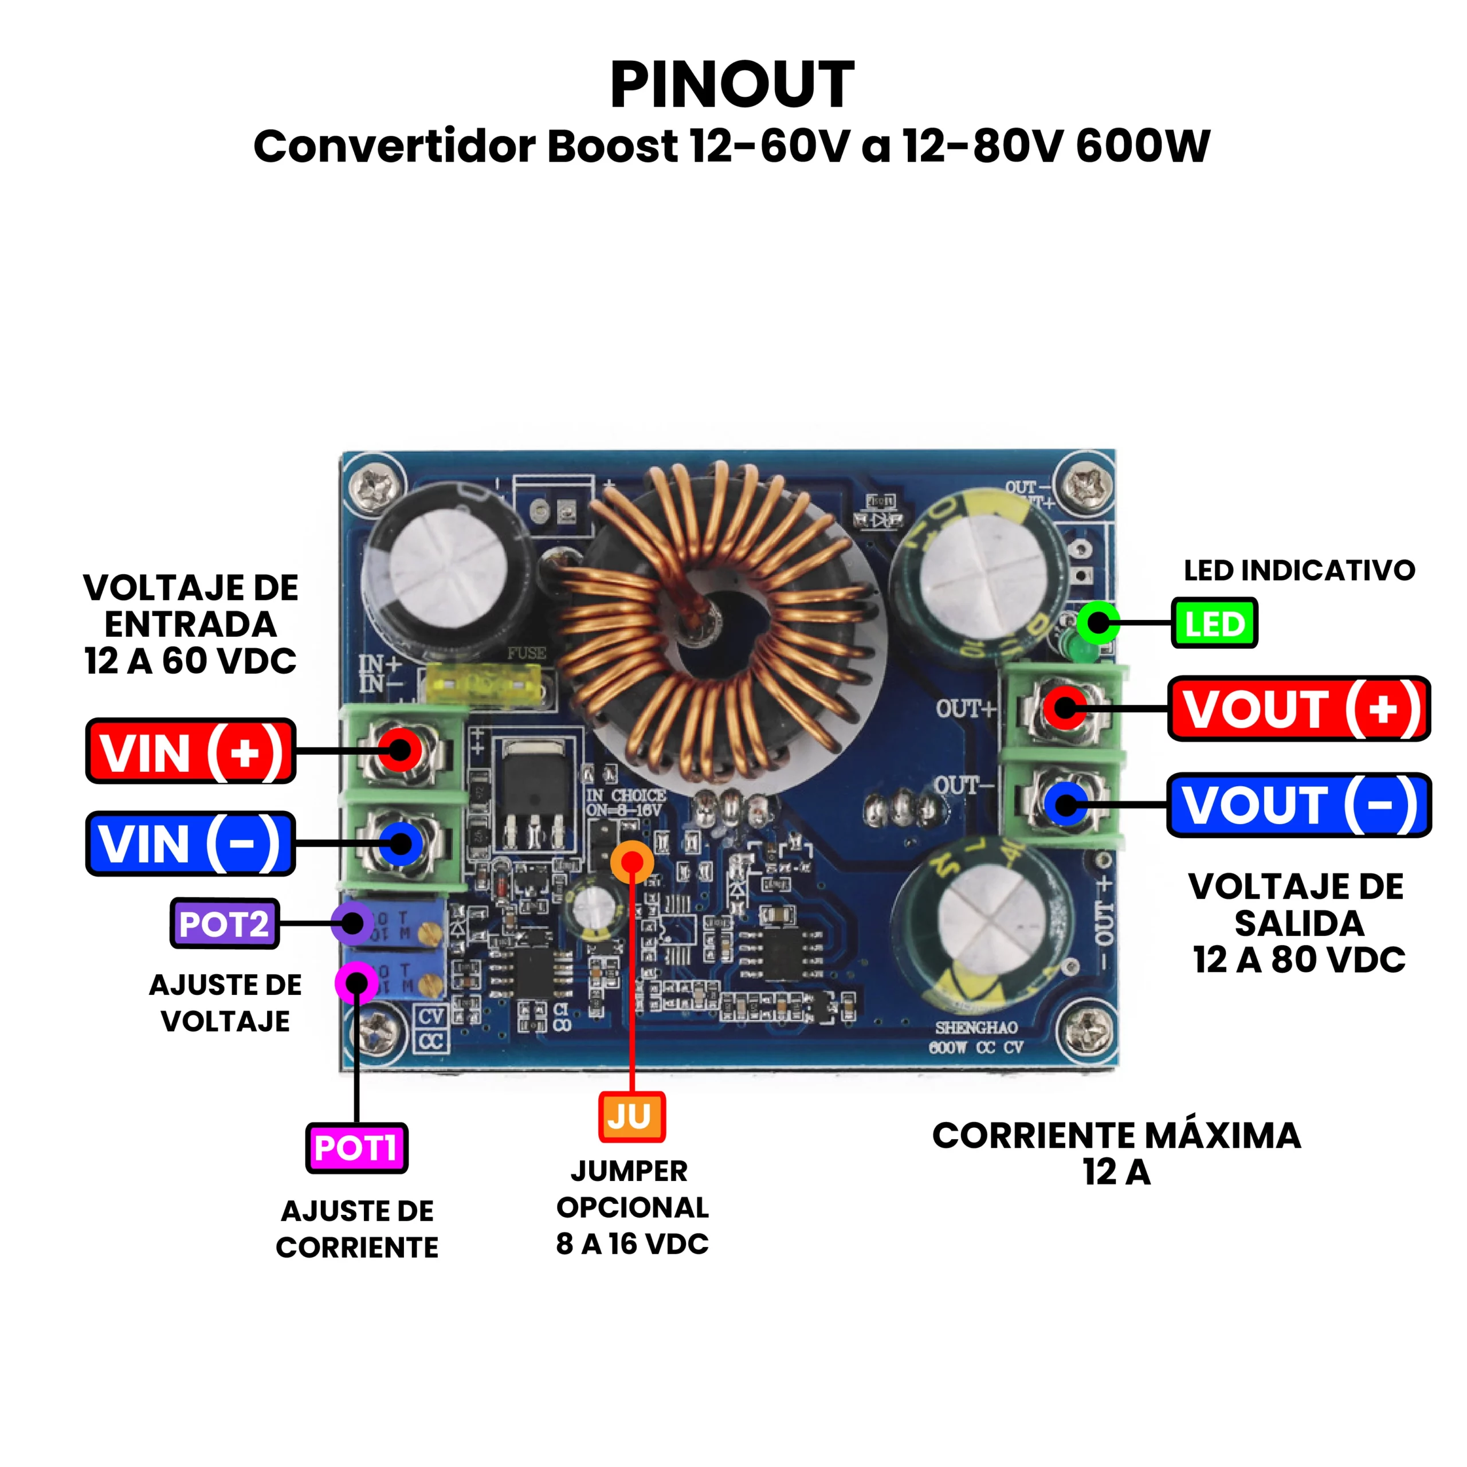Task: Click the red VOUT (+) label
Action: (x=1299, y=708)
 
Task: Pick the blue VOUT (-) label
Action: (x=1299, y=805)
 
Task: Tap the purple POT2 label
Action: (x=225, y=923)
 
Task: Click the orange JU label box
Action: (x=631, y=1116)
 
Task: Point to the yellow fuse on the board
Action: (x=485, y=682)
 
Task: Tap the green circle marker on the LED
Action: (x=1098, y=623)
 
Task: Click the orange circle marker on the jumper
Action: (x=631, y=861)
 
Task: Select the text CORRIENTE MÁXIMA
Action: (x=1116, y=1136)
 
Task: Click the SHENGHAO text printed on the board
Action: (x=976, y=1028)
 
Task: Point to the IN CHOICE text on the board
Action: (x=626, y=795)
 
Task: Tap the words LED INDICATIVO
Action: (x=1299, y=570)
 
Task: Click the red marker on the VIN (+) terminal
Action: (x=400, y=750)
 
